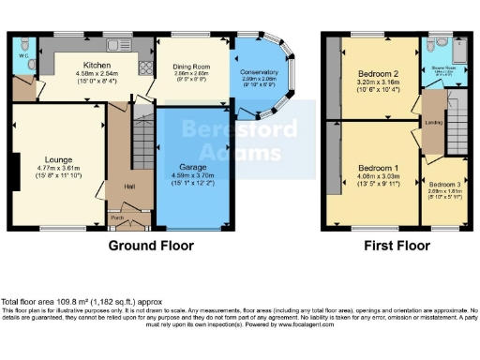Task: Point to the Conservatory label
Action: pyautogui.click(x=258, y=73)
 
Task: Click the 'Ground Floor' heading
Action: pyautogui.click(x=151, y=246)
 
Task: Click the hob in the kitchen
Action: pyautogui.click(x=146, y=65)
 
